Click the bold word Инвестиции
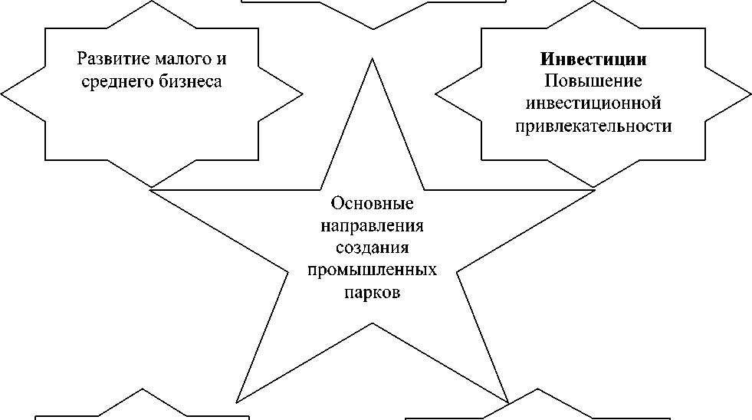593,59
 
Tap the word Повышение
593,80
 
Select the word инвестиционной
593,103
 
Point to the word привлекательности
593,125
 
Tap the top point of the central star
373,57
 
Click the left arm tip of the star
150,189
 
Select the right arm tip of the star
595,189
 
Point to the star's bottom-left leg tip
236,402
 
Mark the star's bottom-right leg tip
509,403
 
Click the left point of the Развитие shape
2,94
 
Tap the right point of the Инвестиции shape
750,94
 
